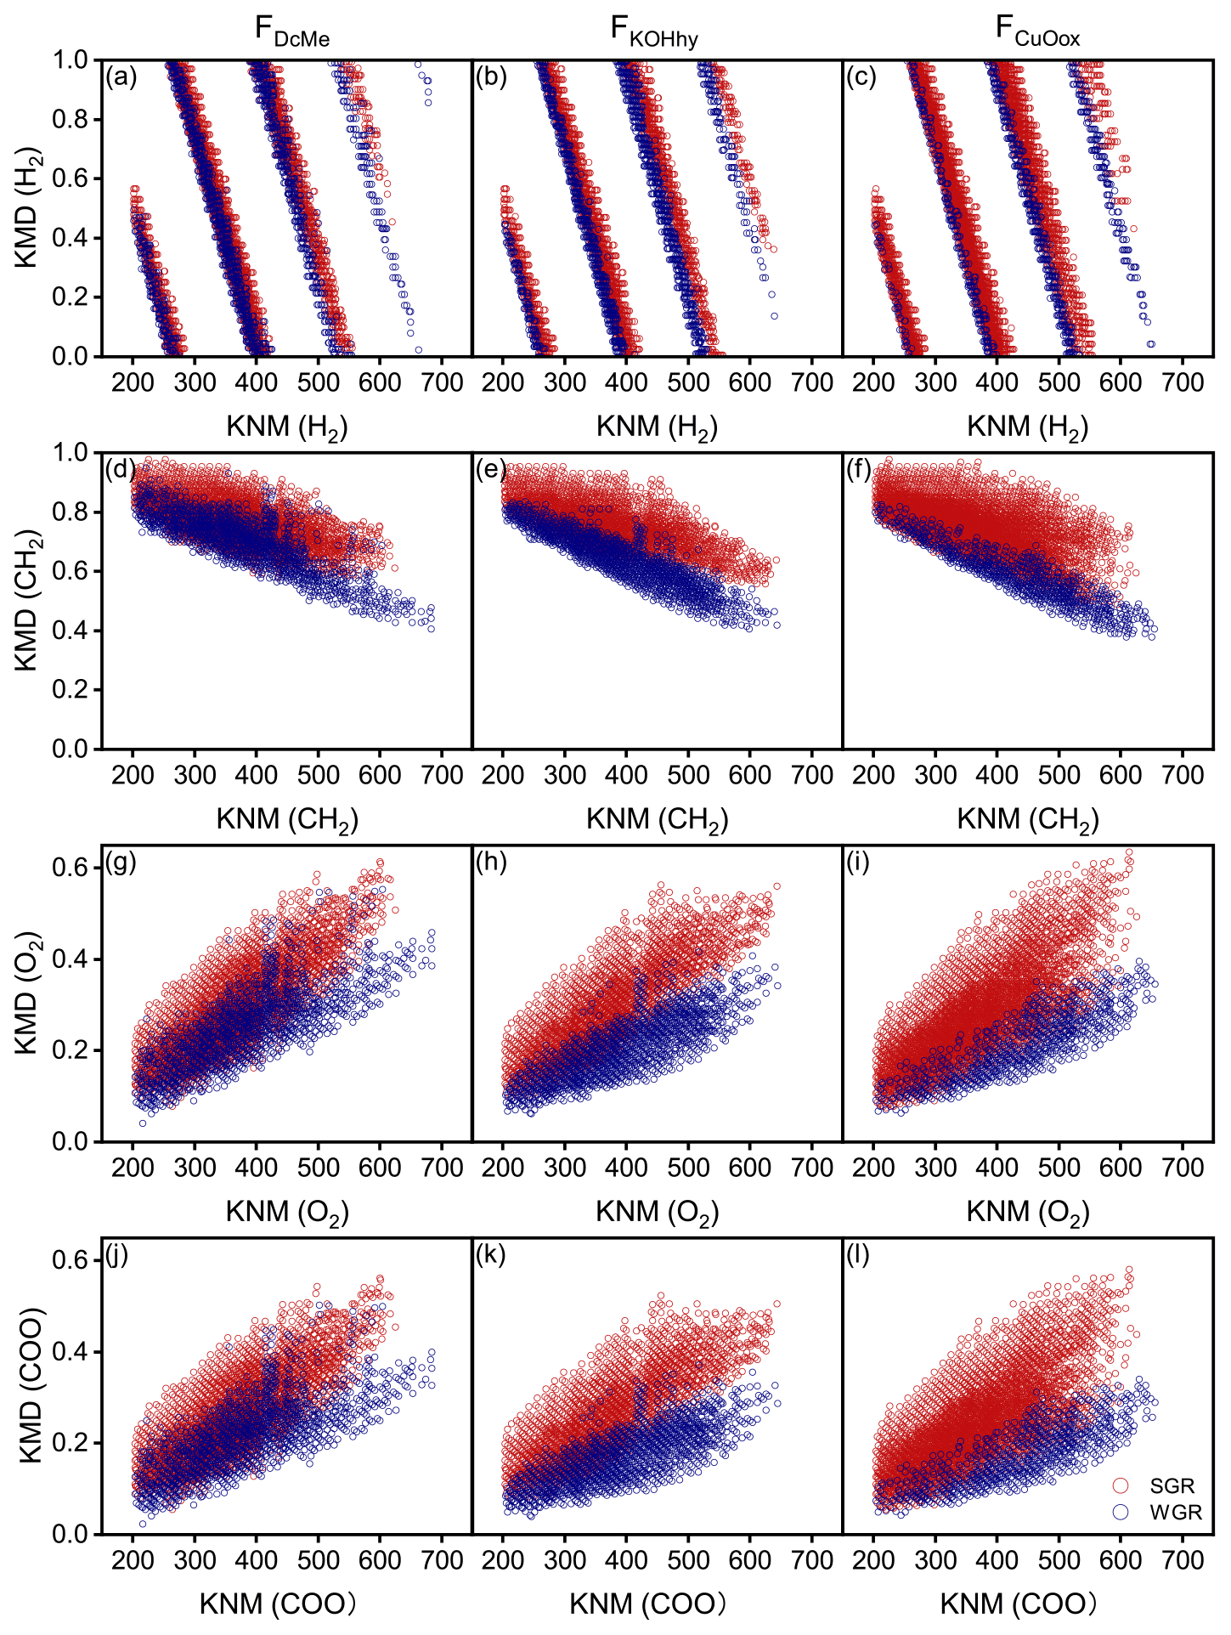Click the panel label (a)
pyautogui.click(x=121, y=77)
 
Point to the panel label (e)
pyautogui.click(x=491, y=470)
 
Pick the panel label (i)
pyautogui.click(x=861, y=863)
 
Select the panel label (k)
pyautogui.click(x=491, y=1255)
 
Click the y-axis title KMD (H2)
pyautogui.click(x=27, y=208)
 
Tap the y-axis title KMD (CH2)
pyautogui.click(x=27, y=600)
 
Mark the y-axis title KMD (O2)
pyautogui.click(x=27, y=993)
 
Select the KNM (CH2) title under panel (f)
pyautogui.click(x=1028, y=820)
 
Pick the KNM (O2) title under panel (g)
pyautogui.click(x=287, y=1213)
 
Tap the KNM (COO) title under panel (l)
pyautogui.click(x=1018, y=1604)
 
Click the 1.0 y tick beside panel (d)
pyautogui.click(x=71, y=453)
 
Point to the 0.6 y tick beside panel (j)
pyautogui.click(x=71, y=1260)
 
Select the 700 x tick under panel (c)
pyautogui.click(x=1183, y=383)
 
